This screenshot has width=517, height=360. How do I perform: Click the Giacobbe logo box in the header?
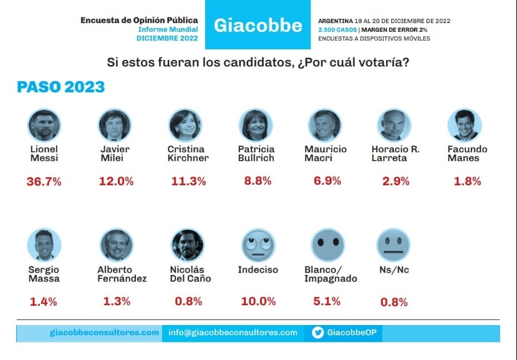pos(258,26)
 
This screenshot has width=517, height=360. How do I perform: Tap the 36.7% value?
pos(44,182)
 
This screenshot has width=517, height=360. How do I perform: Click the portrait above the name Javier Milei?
pos(114,125)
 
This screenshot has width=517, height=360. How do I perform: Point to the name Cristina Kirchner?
pos(188,153)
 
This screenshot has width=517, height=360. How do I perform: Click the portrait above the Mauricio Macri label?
pos(325,125)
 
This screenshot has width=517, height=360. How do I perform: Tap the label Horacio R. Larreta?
pos(395,153)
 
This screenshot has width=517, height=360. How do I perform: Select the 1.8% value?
pos(465,182)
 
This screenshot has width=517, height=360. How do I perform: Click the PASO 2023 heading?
pos(60,87)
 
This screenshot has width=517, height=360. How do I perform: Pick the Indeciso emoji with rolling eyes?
pos(258,245)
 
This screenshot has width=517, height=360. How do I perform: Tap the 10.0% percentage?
pos(258,301)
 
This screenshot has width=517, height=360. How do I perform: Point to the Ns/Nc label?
pos(394,270)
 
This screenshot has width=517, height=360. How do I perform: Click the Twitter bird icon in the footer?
pos(317,333)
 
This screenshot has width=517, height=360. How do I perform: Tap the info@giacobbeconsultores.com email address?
pos(233,333)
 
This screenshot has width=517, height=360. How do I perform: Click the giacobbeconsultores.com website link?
pos(104,333)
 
